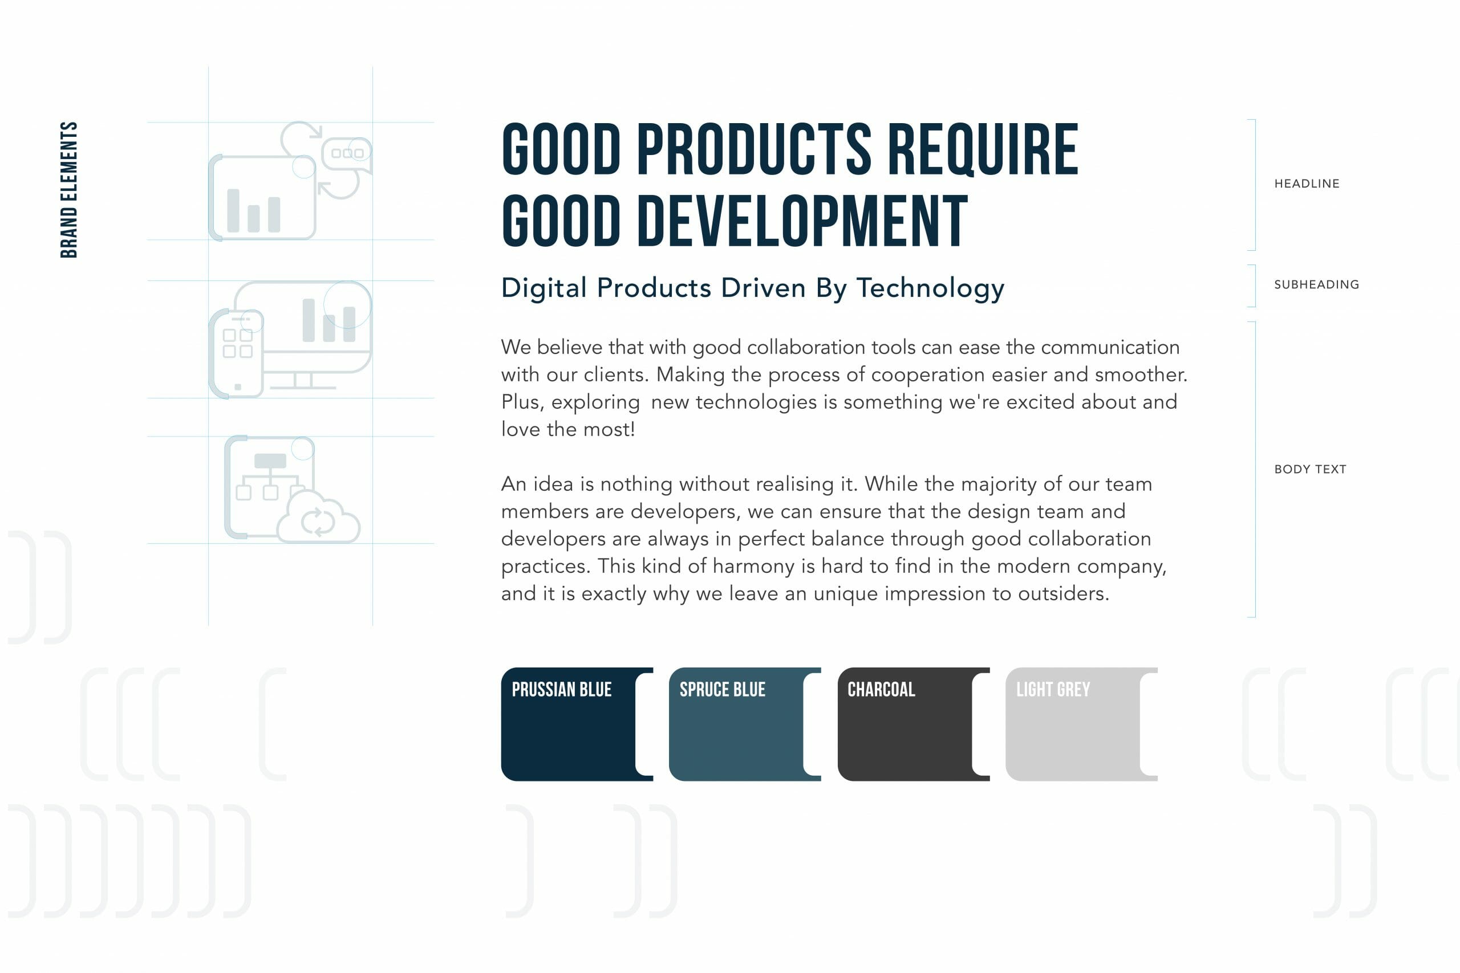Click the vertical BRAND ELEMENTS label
[x=69, y=189]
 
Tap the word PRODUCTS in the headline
[x=754, y=149]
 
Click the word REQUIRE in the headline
[x=983, y=149]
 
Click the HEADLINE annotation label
[x=1307, y=184]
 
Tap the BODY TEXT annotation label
[x=1311, y=469]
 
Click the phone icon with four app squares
[x=237, y=353]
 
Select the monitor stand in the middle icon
[x=303, y=381]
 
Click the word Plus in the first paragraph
[x=522, y=402]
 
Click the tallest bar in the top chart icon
[x=233, y=210]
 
